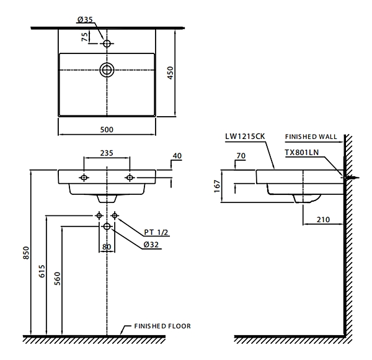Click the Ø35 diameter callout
[x=85, y=19]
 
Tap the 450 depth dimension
[x=170, y=73]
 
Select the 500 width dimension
[x=107, y=130]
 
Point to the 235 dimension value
[x=107, y=153]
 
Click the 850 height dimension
[x=26, y=253]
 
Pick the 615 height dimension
[x=42, y=271]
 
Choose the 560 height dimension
[x=58, y=279]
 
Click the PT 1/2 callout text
[x=156, y=232]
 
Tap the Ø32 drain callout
[x=151, y=245]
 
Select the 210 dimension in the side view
[x=323, y=220]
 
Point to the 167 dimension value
[x=218, y=186]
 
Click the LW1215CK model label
[x=245, y=137]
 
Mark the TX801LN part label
[x=301, y=152]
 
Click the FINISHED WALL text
[x=311, y=137]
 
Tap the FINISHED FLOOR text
[x=162, y=326]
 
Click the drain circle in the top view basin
[x=107, y=70]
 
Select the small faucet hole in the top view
[x=107, y=43]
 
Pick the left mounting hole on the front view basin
[x=84, y=178]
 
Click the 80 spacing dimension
[x=107, y=247]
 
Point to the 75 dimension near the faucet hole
[x=85, y=37]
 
